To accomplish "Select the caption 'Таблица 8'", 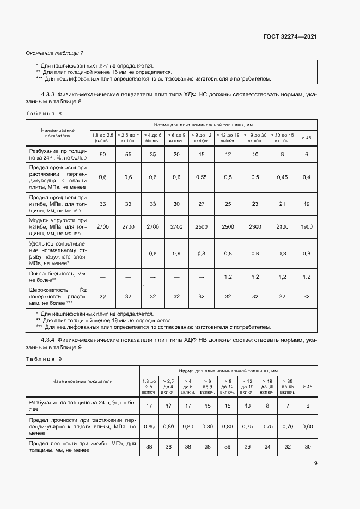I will tap(44, 113).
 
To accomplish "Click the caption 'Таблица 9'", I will tap(44, 359).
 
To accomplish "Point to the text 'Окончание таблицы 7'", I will tap(55, 53).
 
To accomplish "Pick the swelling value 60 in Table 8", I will tap(102, 155).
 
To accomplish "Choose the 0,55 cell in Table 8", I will tap(202, 177).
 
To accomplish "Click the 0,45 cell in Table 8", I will tap(282, 177).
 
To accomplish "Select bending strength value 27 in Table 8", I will tap(202, 204).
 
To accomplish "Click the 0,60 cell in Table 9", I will tap(308, 427).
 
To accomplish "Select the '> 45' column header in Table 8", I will tap(306, 138).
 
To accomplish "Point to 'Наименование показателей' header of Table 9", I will tap(82, 382).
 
